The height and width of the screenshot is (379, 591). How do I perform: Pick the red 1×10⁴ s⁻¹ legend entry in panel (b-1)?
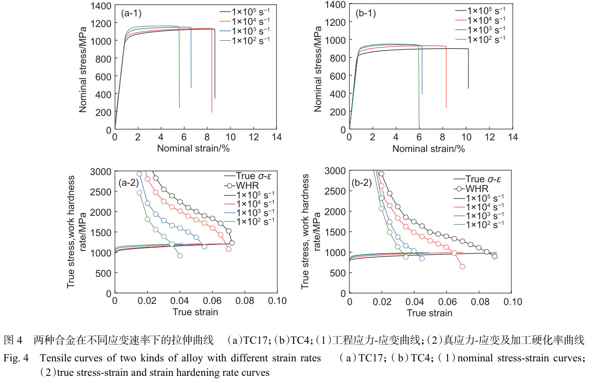point(484,19)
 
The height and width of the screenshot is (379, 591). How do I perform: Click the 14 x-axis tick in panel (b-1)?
point(513,137)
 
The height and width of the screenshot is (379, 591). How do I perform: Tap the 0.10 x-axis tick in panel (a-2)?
point(277,301)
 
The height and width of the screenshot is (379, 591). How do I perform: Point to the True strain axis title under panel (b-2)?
point(429,313)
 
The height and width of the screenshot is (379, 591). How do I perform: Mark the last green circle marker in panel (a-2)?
point(180,256)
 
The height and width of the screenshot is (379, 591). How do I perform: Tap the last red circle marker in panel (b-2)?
point(462,266)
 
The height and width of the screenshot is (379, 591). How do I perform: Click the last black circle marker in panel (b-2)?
point(495,256)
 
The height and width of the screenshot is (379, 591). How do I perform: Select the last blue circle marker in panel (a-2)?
point(205,246)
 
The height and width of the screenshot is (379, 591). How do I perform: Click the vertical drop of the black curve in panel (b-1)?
point(468,68)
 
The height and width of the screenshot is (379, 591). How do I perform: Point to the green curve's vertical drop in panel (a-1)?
point(179,68)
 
